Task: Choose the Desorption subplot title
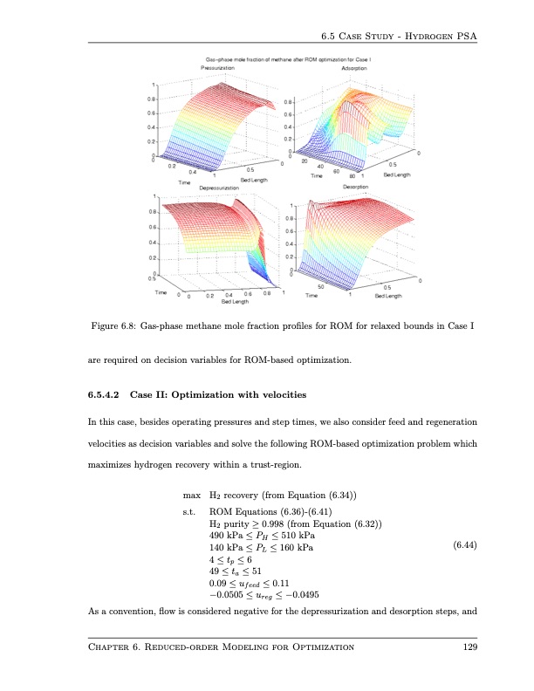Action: coord(354,188)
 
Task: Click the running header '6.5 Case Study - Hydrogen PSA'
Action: coord(401,37)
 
